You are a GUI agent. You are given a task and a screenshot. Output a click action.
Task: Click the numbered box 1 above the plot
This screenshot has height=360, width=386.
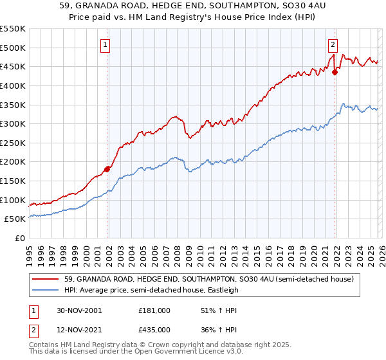(x=105, y=45)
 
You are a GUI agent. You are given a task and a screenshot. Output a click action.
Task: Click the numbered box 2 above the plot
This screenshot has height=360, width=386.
(x=333, y=45)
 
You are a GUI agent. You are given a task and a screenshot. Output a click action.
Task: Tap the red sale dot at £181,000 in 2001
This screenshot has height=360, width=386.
(x=107, y=169)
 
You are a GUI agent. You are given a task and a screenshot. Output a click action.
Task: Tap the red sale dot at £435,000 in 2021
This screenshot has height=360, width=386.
(x=335, y=72)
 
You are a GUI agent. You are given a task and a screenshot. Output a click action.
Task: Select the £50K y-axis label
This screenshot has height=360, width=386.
(x=15, y=219)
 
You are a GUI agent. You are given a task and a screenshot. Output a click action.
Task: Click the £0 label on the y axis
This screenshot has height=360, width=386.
(x=21, y=239)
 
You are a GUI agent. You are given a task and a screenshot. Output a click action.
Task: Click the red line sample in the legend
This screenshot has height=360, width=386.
(x=46, y=280)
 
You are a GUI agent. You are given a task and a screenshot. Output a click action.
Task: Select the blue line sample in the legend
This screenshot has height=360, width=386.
(x=46, y=291)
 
